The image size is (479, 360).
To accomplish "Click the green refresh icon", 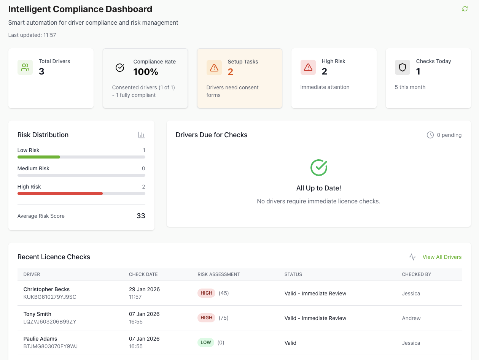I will tap(465, 9).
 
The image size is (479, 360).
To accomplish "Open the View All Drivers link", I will tap(442, 257).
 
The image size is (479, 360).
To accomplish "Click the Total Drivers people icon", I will tap(25, 67).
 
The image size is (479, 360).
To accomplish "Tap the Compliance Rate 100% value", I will tap(146, 71).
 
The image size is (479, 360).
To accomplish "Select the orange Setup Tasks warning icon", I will tap(214, 68).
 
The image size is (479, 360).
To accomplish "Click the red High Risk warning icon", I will tap(308, 67).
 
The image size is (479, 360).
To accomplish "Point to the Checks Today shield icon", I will tap(402, 67).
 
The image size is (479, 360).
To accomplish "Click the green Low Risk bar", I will tap(39, 157).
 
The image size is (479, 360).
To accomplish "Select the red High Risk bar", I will tap(60, 193).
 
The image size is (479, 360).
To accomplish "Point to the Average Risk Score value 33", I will tap(141, 216).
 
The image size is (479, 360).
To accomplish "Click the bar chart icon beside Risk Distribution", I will tap(141, 135).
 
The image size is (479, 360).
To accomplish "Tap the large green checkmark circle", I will tap(318, 167).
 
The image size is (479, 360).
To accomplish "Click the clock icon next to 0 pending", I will tap(430, 135).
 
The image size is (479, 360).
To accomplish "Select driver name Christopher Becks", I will tap(46, 289).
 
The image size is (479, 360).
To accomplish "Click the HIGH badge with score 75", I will tap(206, 318).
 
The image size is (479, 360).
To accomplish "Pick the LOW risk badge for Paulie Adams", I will tap(205, 343).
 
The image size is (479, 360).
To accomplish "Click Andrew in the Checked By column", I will tap(411, 318).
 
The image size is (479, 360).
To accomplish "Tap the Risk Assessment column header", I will tap(219, 274).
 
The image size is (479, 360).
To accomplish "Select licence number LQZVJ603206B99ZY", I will tap(50, 322).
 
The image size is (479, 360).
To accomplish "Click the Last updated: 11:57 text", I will tap(32, 35).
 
